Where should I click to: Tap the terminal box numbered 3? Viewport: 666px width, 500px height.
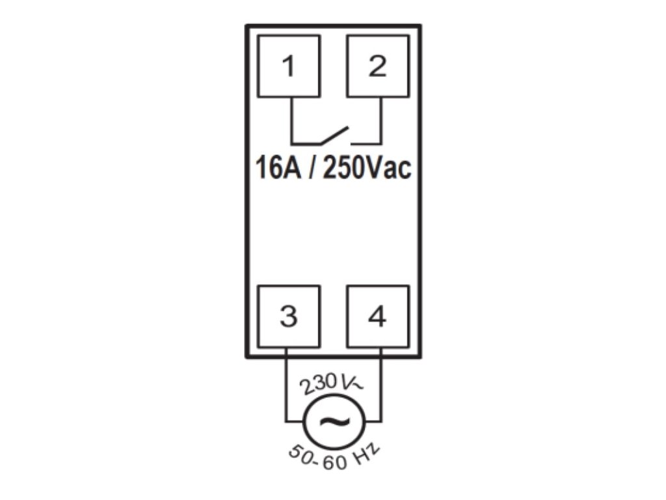pyautogui.click(x=289, y=316)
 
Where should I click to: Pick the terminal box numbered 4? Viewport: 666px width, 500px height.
pyautogui.click(x=377, y=316)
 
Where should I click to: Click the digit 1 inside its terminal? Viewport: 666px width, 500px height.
pyautogui.click(x=289, y=67)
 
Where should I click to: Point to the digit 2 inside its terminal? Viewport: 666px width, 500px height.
pyautogui.click(x=377, y=67)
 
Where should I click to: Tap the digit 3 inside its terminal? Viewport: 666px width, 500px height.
pyautogui.click(x=289, y=317)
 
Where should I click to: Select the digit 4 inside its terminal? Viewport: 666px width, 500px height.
pyautogui.click(x=377, y=317)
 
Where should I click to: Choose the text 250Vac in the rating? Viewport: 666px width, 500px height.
pyautogui.click(x=367, y=169)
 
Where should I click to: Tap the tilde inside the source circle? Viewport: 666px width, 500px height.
pyautogui.click(x=332, y=421)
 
